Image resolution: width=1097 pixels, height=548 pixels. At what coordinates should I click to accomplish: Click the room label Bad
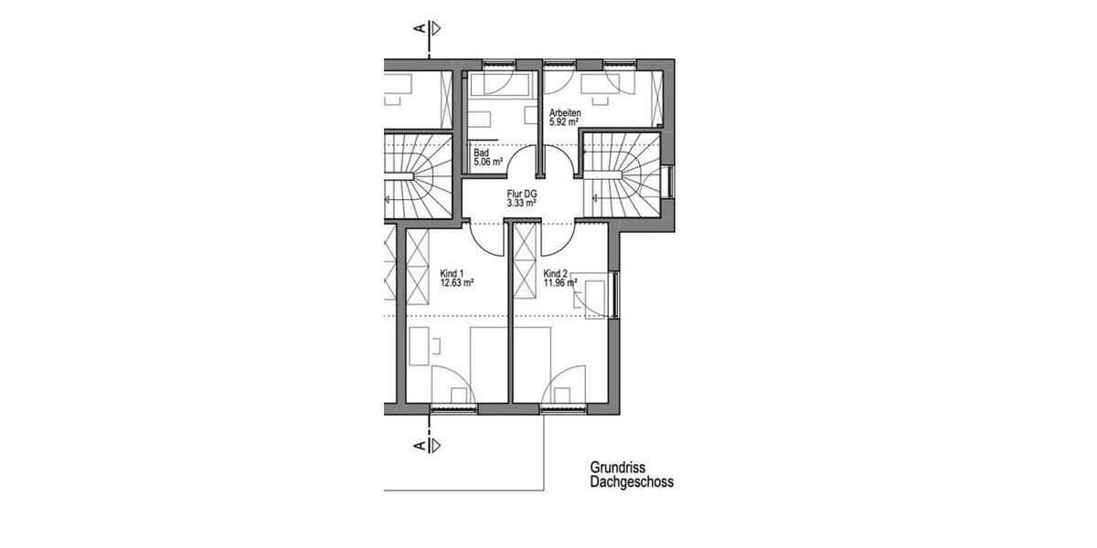(x=481, y=153)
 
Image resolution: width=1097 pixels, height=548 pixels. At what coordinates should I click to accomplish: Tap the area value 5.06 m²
(x=488, y=163)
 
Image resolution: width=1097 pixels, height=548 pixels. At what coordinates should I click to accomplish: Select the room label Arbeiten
(x=565, y=112)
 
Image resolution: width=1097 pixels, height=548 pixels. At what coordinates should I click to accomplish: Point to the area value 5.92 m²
(x=564, y=121)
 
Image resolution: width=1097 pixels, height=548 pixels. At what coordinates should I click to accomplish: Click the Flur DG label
(x=521, y=194)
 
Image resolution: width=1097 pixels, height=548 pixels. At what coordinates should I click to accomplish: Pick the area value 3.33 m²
(x=521, y=203)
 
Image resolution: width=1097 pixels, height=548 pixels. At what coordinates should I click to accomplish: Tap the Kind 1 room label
(x=453, y=274)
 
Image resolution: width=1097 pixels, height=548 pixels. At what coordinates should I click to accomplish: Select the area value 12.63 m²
(x=456, y=283)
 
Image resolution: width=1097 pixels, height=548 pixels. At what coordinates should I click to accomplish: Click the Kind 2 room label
(x=556, y=274)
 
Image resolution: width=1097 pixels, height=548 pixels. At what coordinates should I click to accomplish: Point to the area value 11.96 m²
(x=559, y=283)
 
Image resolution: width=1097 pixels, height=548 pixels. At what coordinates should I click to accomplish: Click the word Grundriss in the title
(x=617, y=467)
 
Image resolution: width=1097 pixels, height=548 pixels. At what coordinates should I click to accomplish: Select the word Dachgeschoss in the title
(x=632, y=481)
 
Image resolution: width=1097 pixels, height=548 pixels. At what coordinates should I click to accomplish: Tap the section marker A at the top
(x=420, y=28)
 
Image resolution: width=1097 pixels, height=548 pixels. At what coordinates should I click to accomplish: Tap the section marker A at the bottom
(x=420, y=446)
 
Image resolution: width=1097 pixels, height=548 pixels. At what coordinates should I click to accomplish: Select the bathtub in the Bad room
(x=502, y=85)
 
